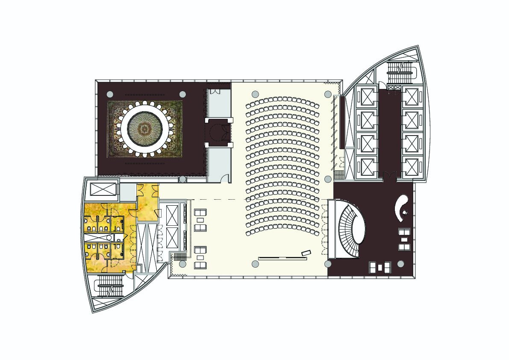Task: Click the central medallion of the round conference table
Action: [x=145, y=128]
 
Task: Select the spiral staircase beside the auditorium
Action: [x=350, y=230]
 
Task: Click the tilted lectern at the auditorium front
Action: [x=306, y=253]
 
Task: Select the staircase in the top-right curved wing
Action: [x=401, y=73]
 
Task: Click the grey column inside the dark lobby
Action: [x=400, y=264]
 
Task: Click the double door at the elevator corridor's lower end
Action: [x=389, y=174]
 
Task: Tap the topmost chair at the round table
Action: [x=145, y=103]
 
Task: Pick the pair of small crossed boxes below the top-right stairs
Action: [x=394, y=88]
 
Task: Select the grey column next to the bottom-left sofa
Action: [x=182, y=264]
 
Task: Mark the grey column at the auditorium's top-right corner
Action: [x=328, y=94]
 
